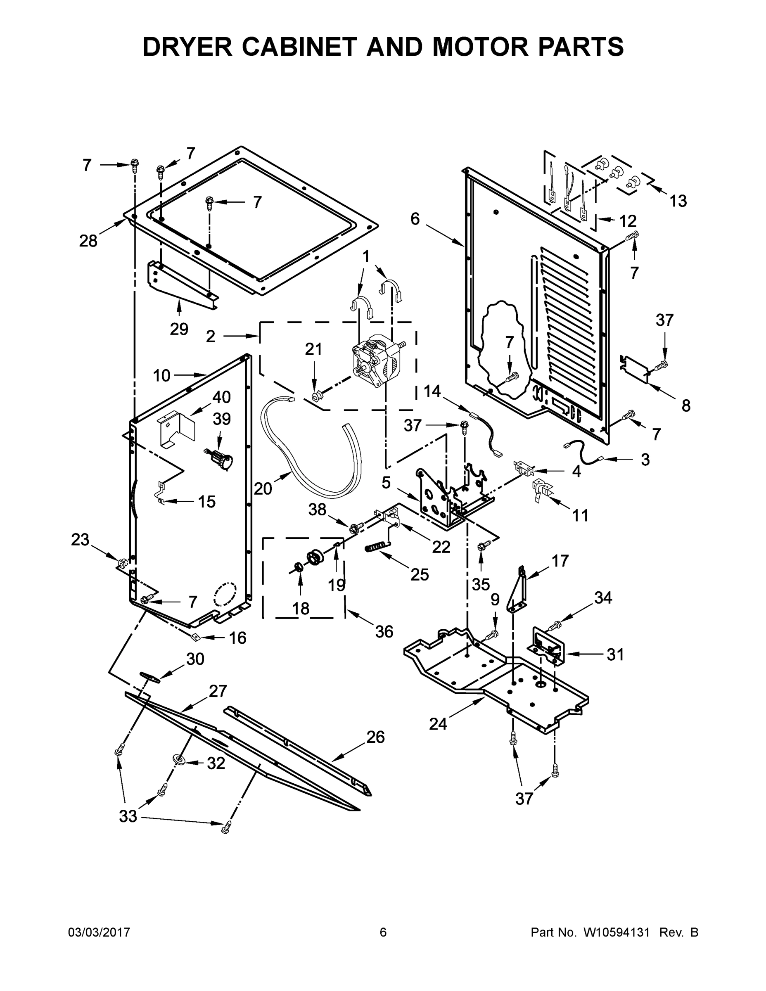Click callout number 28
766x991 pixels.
tap(88, 241)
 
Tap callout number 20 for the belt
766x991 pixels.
tap(263, 489)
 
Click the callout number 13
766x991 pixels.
tap(678, 201)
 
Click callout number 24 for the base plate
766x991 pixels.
tap(438, 724)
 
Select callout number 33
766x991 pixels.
tap(128, 816)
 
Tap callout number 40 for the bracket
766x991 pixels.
tap(221, 398)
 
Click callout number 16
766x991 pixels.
tap(237, 638)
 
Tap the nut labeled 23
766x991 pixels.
tap(121, 564)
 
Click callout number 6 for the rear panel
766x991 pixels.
tap(415, 219)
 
